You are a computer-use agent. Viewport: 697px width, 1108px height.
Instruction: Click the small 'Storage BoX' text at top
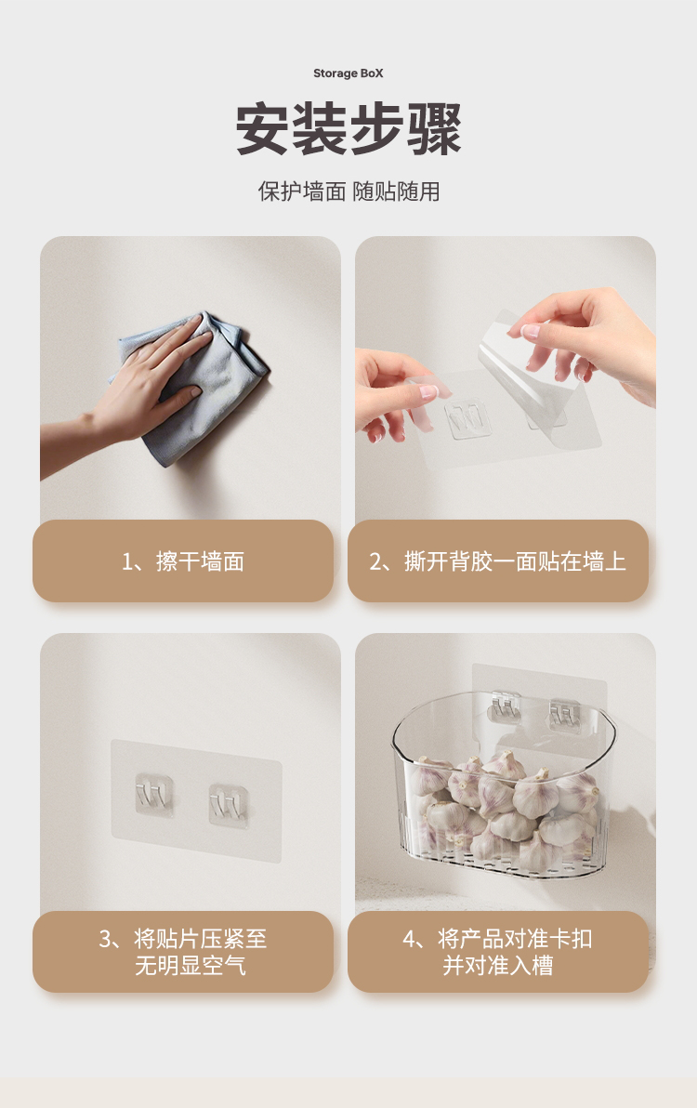348,73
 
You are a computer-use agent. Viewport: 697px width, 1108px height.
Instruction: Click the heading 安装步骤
348,129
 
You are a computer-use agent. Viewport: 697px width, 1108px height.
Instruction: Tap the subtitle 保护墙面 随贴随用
348,191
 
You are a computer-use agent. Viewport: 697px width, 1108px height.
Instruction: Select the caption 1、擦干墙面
183,561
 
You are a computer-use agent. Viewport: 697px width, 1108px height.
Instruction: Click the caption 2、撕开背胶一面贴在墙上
498,561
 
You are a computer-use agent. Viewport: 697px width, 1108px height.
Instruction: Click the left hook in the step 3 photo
154,795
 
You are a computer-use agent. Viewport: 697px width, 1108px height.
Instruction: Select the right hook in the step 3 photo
228,804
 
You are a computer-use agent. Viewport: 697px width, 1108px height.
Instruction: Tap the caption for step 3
183,952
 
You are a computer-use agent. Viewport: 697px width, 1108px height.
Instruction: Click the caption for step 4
498,952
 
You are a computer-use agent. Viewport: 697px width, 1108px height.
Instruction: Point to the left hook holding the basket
506,707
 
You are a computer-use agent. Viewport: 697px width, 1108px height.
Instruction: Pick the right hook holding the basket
564,715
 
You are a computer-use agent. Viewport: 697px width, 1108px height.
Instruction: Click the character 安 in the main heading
262,129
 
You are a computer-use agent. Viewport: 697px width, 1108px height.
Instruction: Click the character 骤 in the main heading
434,129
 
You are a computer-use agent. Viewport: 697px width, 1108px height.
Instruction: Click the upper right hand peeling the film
589,339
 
